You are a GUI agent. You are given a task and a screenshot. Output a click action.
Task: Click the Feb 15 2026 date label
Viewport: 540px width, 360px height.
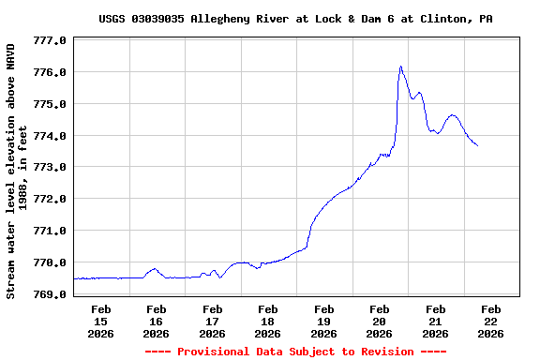[x=100, y=321]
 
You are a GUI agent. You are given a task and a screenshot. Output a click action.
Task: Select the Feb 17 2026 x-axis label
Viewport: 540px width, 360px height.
[x=212, y=321]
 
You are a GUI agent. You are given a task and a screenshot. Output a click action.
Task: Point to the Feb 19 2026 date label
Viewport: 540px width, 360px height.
[x=323, y=321]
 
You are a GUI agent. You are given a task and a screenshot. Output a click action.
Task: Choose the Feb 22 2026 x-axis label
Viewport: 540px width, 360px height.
[x=490, y=321]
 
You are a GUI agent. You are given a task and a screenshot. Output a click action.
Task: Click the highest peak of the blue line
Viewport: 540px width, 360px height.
[x=400, y=67]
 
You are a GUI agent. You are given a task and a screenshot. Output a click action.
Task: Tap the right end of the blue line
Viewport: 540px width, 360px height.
[x=477, y=145]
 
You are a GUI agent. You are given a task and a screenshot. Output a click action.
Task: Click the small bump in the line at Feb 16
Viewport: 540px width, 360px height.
[x=155, y=269]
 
